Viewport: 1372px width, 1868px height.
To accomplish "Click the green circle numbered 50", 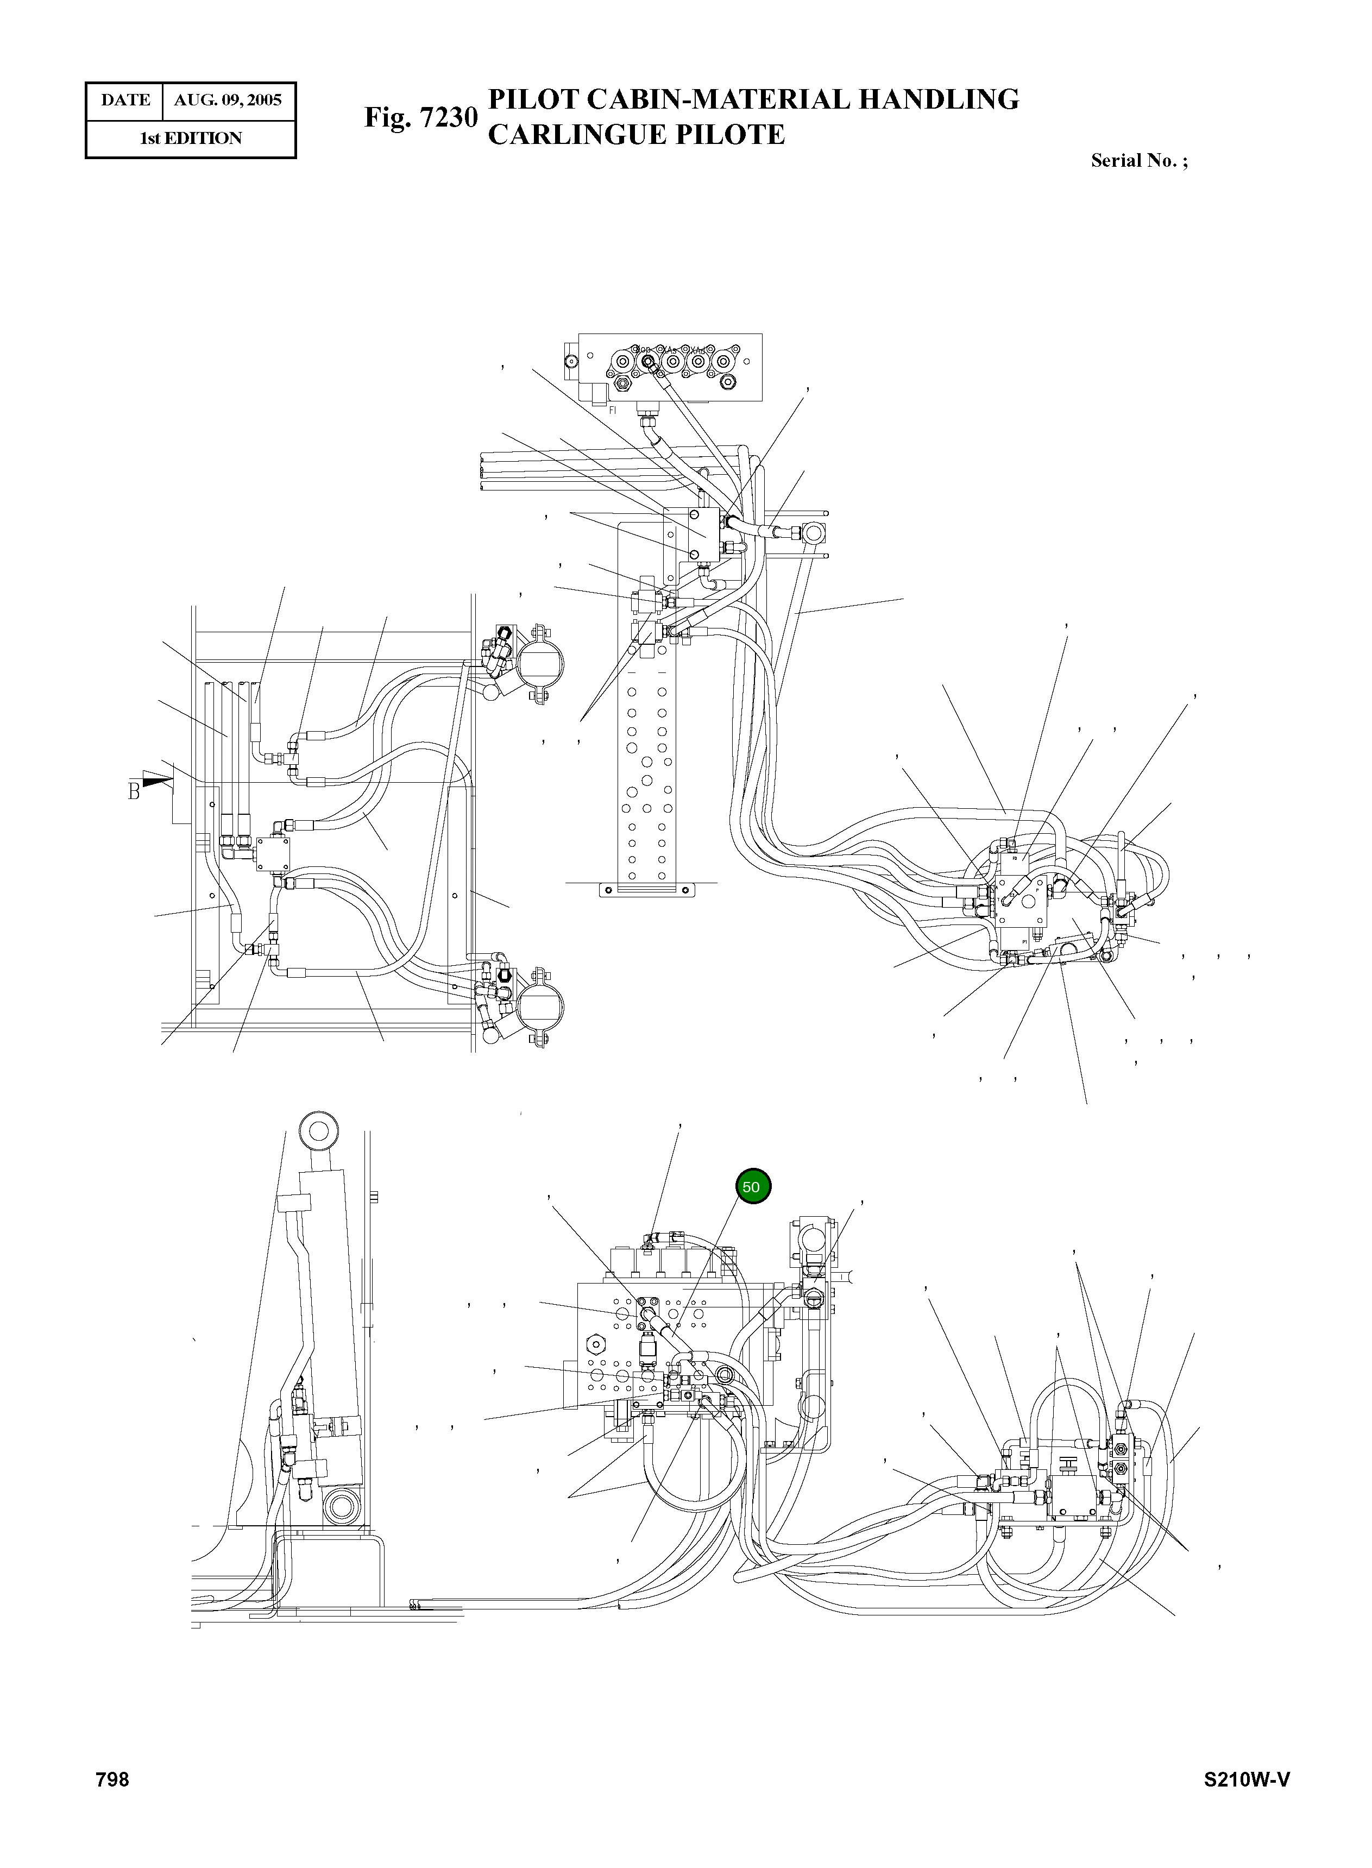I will point(752,1187).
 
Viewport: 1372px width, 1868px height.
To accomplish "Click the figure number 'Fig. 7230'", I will point(421,117).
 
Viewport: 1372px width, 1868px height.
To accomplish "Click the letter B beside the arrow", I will point(134,791).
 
